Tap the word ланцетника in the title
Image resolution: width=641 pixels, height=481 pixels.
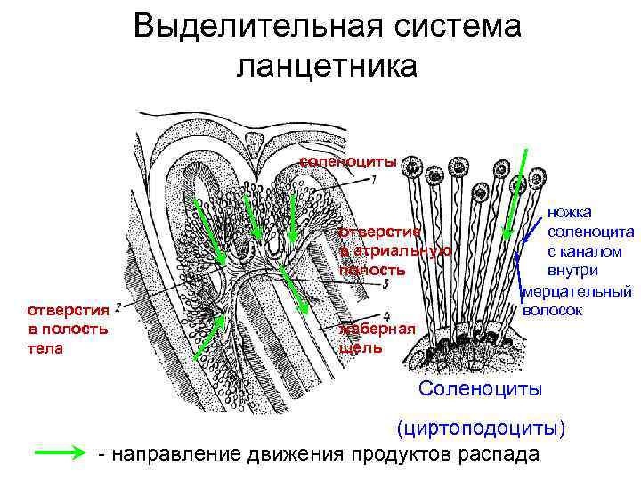[x=326, y=65]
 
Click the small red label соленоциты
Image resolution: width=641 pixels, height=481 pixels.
[x=347, y=161]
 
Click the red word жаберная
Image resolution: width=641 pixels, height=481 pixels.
[x=377, y=330]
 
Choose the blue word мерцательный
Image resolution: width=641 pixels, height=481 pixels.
[x=577, y=291]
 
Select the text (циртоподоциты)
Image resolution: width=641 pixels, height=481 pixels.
[x=481, y=428]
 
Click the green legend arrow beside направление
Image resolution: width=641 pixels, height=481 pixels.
[x=62, y=452]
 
